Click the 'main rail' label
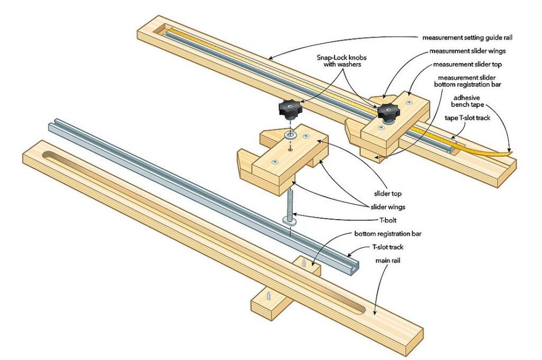click(389, 261)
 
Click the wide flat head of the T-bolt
click(290, 219)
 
